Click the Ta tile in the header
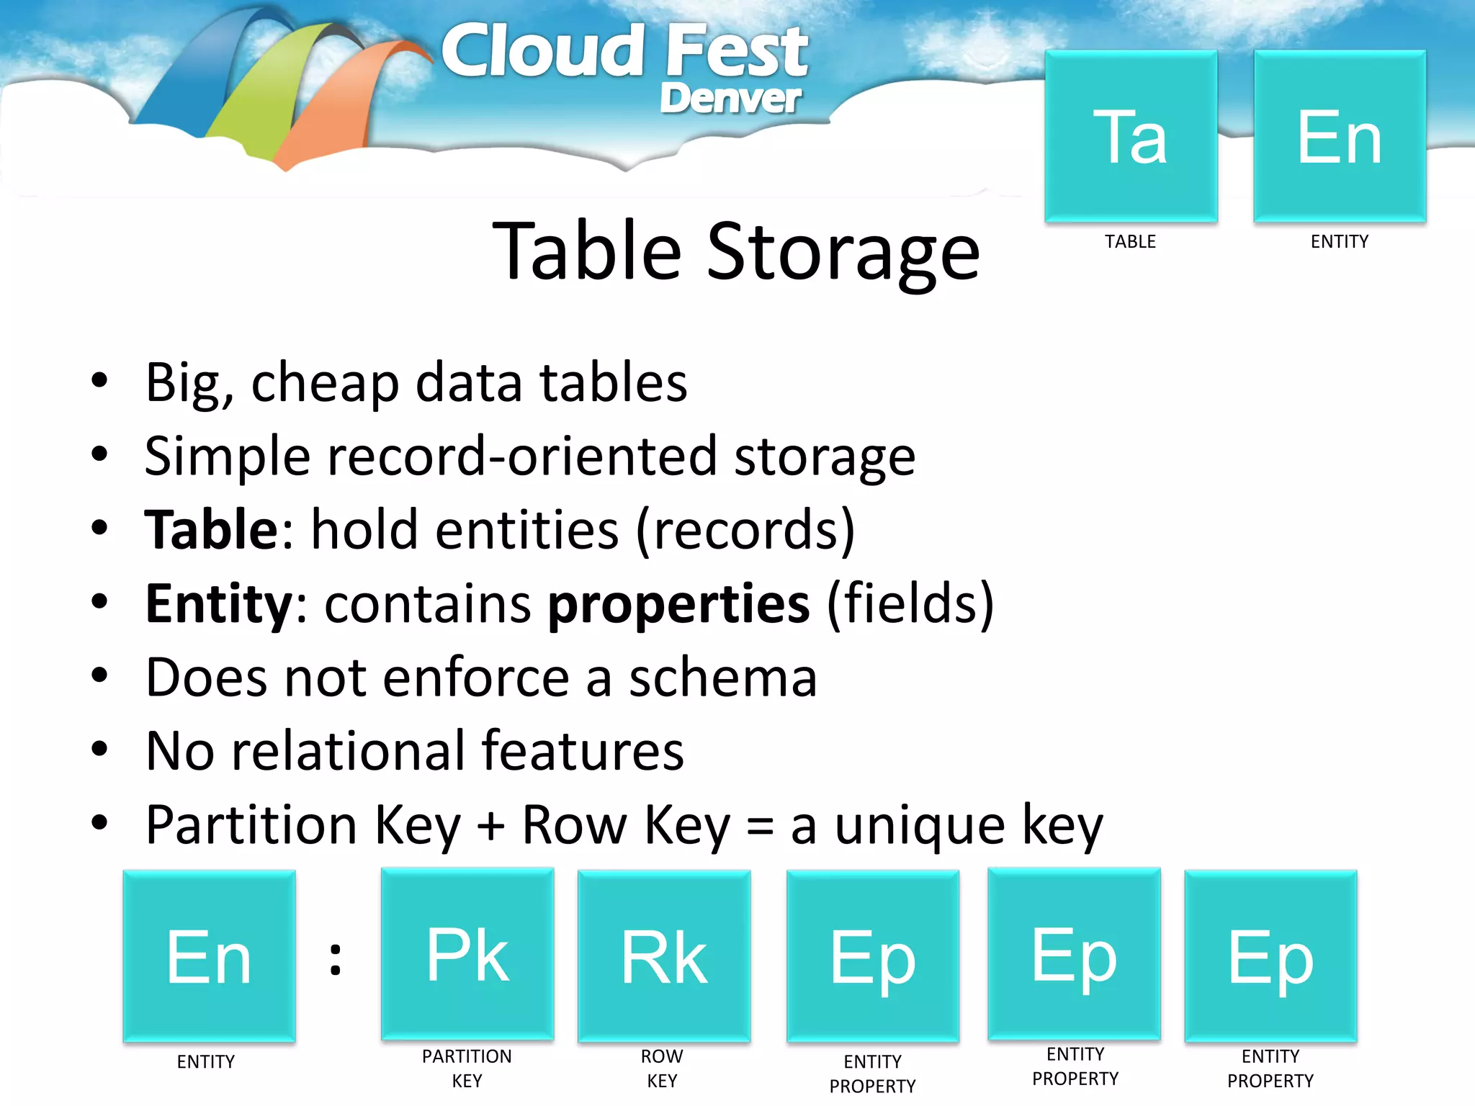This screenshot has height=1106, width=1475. (1131, 136)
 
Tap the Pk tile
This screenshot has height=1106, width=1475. (467, 955)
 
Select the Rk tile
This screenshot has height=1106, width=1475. (664, 956)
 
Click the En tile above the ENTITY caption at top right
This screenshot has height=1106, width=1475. (1340, 136)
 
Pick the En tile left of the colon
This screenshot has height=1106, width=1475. (209, 956)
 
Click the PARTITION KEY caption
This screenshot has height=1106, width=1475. (467, 1069)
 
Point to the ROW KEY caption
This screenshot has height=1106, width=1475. (662, 1069)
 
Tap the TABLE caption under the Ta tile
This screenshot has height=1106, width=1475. (1130, 242)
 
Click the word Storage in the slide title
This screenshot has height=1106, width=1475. (843, 252)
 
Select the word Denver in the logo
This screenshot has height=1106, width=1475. (730, 98)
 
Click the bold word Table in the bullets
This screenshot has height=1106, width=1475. (210, 530)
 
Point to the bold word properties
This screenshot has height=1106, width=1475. (678, 605)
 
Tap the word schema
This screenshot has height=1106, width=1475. (723, 678)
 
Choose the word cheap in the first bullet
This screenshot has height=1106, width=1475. (325, 383)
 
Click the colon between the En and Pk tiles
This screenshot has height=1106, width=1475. (336, 958)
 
